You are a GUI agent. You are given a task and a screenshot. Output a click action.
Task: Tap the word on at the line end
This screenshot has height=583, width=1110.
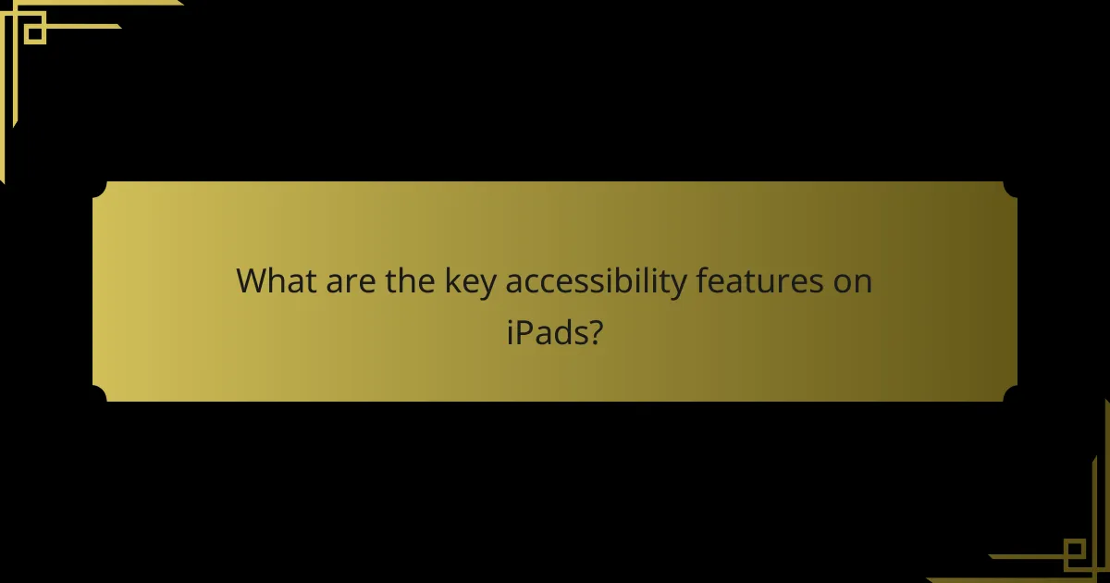pyautogui.click(x=852, y=281)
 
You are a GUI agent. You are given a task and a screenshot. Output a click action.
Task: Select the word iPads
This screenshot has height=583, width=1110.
pyautogui.click(x=546, y=332)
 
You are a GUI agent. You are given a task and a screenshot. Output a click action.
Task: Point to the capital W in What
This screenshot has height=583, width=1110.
pyautogui.click(x=253, y=280)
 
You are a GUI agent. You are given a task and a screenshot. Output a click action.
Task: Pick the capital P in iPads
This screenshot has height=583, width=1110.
pyautogui.click(x=522, y=332)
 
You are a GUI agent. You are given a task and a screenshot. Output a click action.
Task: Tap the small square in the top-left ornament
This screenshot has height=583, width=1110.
pyautogui.click(x=35, y=33)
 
